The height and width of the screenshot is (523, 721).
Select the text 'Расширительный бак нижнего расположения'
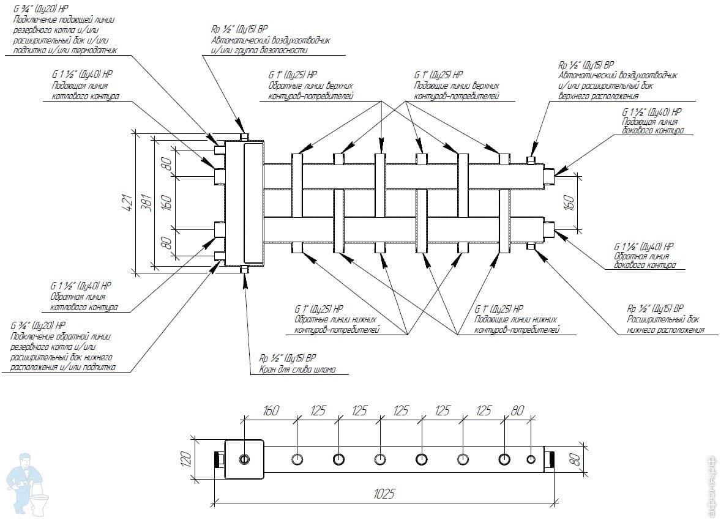[x=664, y=324]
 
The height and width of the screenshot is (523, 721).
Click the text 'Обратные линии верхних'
[x=311, y=86]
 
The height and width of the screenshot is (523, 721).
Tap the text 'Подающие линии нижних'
[x=516, y=319]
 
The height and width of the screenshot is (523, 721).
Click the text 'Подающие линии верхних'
[x=457, y=86]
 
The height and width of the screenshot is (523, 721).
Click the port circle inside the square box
[x=245, y=459]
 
